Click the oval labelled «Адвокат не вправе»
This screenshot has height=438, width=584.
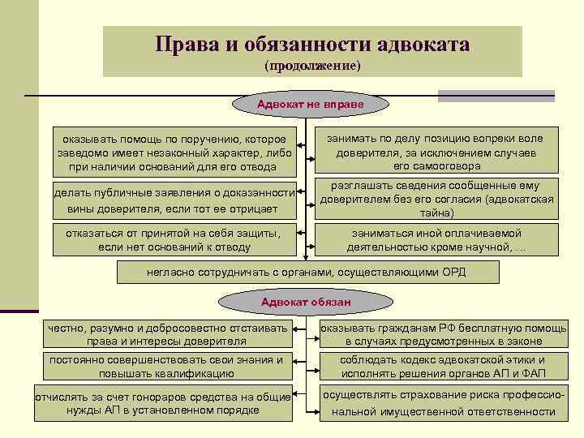310,105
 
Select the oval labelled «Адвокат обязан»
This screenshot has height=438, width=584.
305,303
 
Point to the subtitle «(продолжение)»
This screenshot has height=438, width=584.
312,65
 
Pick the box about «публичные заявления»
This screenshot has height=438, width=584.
174,200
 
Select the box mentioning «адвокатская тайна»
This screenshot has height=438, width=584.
436,200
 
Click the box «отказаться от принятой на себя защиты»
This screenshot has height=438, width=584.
174,241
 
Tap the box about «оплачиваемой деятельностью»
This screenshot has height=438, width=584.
436,240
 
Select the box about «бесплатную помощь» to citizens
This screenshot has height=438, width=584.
443,334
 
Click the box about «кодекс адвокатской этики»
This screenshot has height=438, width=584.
443,367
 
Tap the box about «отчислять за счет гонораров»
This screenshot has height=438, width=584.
163,404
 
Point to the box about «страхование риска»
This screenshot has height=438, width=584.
443,404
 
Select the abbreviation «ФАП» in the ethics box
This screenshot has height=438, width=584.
532,373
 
